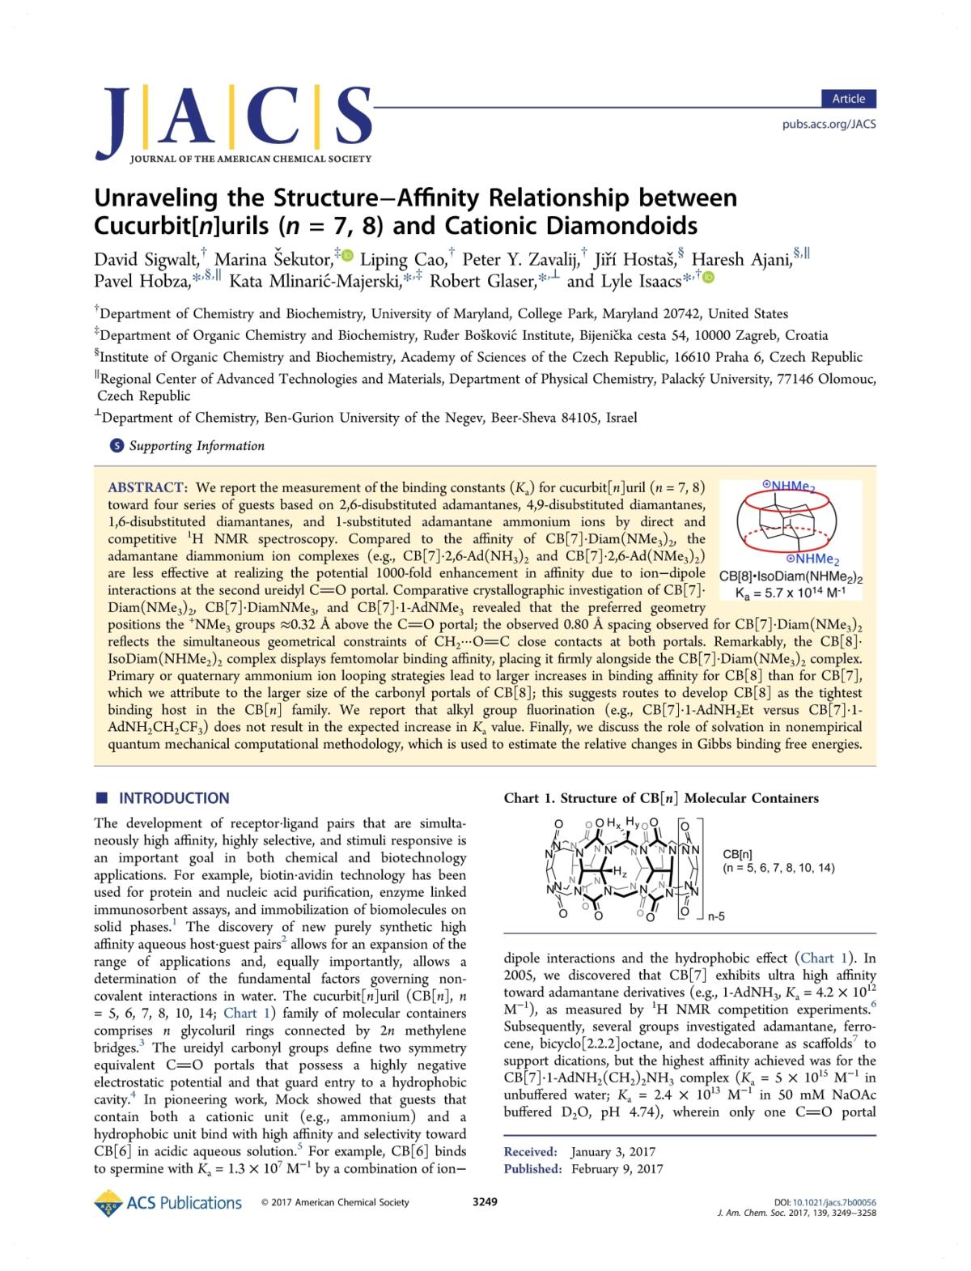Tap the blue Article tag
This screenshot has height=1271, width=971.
coord(848,99)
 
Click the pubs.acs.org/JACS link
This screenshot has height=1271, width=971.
coord(829,124)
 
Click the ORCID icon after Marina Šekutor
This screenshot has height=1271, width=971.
coord(348,256)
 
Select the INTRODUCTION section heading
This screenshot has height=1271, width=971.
coord(174,798)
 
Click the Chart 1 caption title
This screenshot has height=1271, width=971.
coord(661,798)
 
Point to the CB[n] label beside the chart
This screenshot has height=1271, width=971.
coord(737,853)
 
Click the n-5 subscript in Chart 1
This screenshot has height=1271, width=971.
coord(717,917)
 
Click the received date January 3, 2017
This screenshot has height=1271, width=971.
coord(613,1151)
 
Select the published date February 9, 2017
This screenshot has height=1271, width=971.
coord(617,1168)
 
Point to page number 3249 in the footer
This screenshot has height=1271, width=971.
coord(485,1202)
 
